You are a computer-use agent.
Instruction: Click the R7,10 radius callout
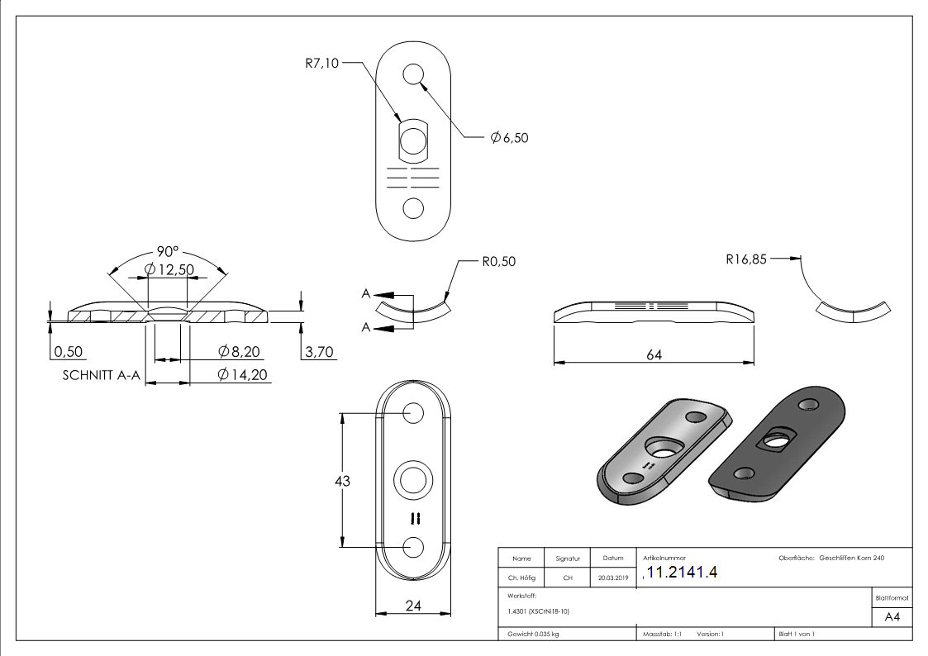click(321, 62)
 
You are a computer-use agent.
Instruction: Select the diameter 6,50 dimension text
click(508, 138)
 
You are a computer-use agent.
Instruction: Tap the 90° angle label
click(169, 251)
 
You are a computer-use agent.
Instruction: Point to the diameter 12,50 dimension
click(169, 269)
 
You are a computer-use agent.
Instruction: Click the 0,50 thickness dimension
click(69, 352)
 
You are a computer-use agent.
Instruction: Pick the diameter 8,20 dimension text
click(239, 352)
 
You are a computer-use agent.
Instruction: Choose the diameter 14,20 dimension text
click(242, 375)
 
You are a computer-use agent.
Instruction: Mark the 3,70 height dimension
click(319, 352)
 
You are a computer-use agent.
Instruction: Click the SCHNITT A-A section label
click(101, 375)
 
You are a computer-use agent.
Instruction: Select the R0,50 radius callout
click(498, 261)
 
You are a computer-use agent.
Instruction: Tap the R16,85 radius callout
click(746, 259)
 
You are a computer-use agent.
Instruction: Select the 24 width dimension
click(414, 606)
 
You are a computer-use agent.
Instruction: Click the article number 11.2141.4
click(683, 573)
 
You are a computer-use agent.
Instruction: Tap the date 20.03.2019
click(612, 578)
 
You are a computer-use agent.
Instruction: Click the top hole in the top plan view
click(413, 75)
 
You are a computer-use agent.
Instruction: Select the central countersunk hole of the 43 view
click(413, 480)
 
